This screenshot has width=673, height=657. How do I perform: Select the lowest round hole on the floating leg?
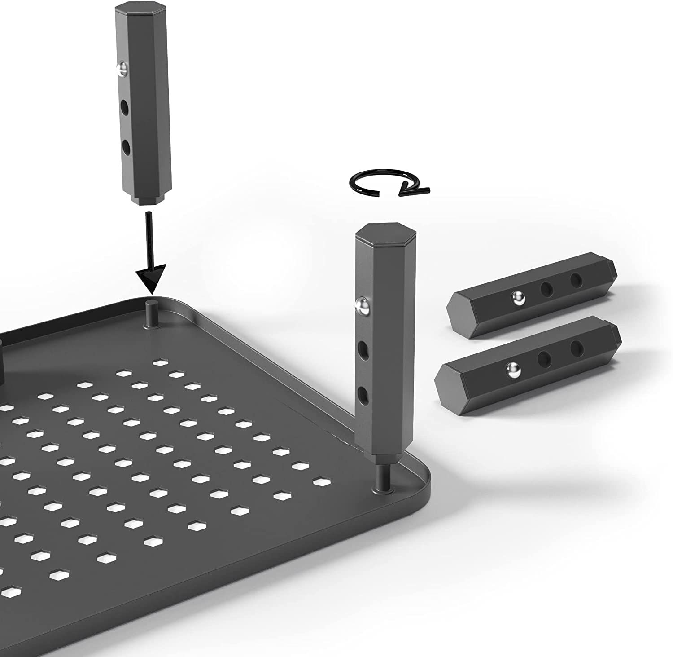pyautogui.click(x=126, y=147)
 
